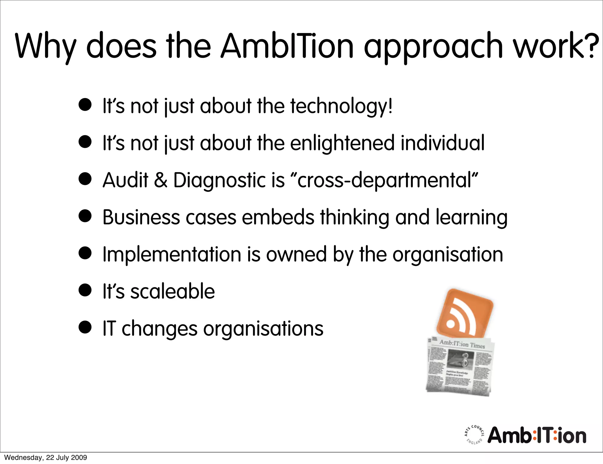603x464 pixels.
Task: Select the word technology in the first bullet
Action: [339, 106]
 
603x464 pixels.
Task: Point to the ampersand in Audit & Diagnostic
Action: [160, 180]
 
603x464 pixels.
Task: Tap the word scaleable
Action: [173, 291]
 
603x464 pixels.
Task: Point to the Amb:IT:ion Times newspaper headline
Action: [462, 344]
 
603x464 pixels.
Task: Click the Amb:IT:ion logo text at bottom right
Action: [537, 435]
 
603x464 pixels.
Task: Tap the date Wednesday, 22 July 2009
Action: [46, 458]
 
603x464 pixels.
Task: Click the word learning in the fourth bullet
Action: [471, 218]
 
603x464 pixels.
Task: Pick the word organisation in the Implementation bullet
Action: [448, 254]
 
